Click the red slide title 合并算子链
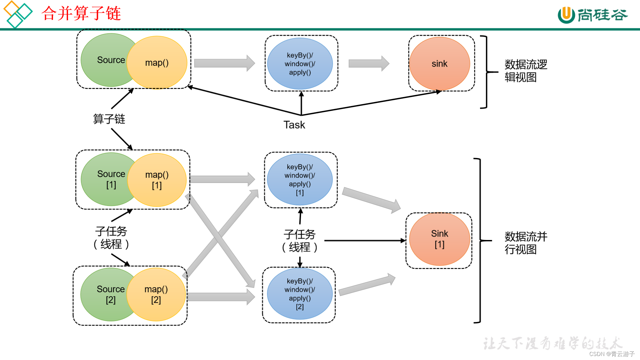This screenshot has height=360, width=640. tap(81, 13)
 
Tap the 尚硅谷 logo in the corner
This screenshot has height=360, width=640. tap(592, 15)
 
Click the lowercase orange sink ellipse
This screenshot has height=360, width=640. tap(439, 64)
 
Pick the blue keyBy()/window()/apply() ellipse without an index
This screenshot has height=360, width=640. tap(300, 64)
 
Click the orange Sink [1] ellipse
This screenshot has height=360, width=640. tap(439, 239)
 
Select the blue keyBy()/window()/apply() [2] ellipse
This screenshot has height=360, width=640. tap(300, 294)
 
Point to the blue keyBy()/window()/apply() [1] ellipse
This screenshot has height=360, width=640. tap(300, 180)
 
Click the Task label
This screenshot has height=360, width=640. tap(294, 125)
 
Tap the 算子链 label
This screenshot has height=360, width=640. tap(109, 119)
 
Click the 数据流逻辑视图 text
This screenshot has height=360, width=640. tap(526, 71)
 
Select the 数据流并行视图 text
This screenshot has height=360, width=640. tap(526, 243)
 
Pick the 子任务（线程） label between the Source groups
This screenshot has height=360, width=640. tap(111, 238)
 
